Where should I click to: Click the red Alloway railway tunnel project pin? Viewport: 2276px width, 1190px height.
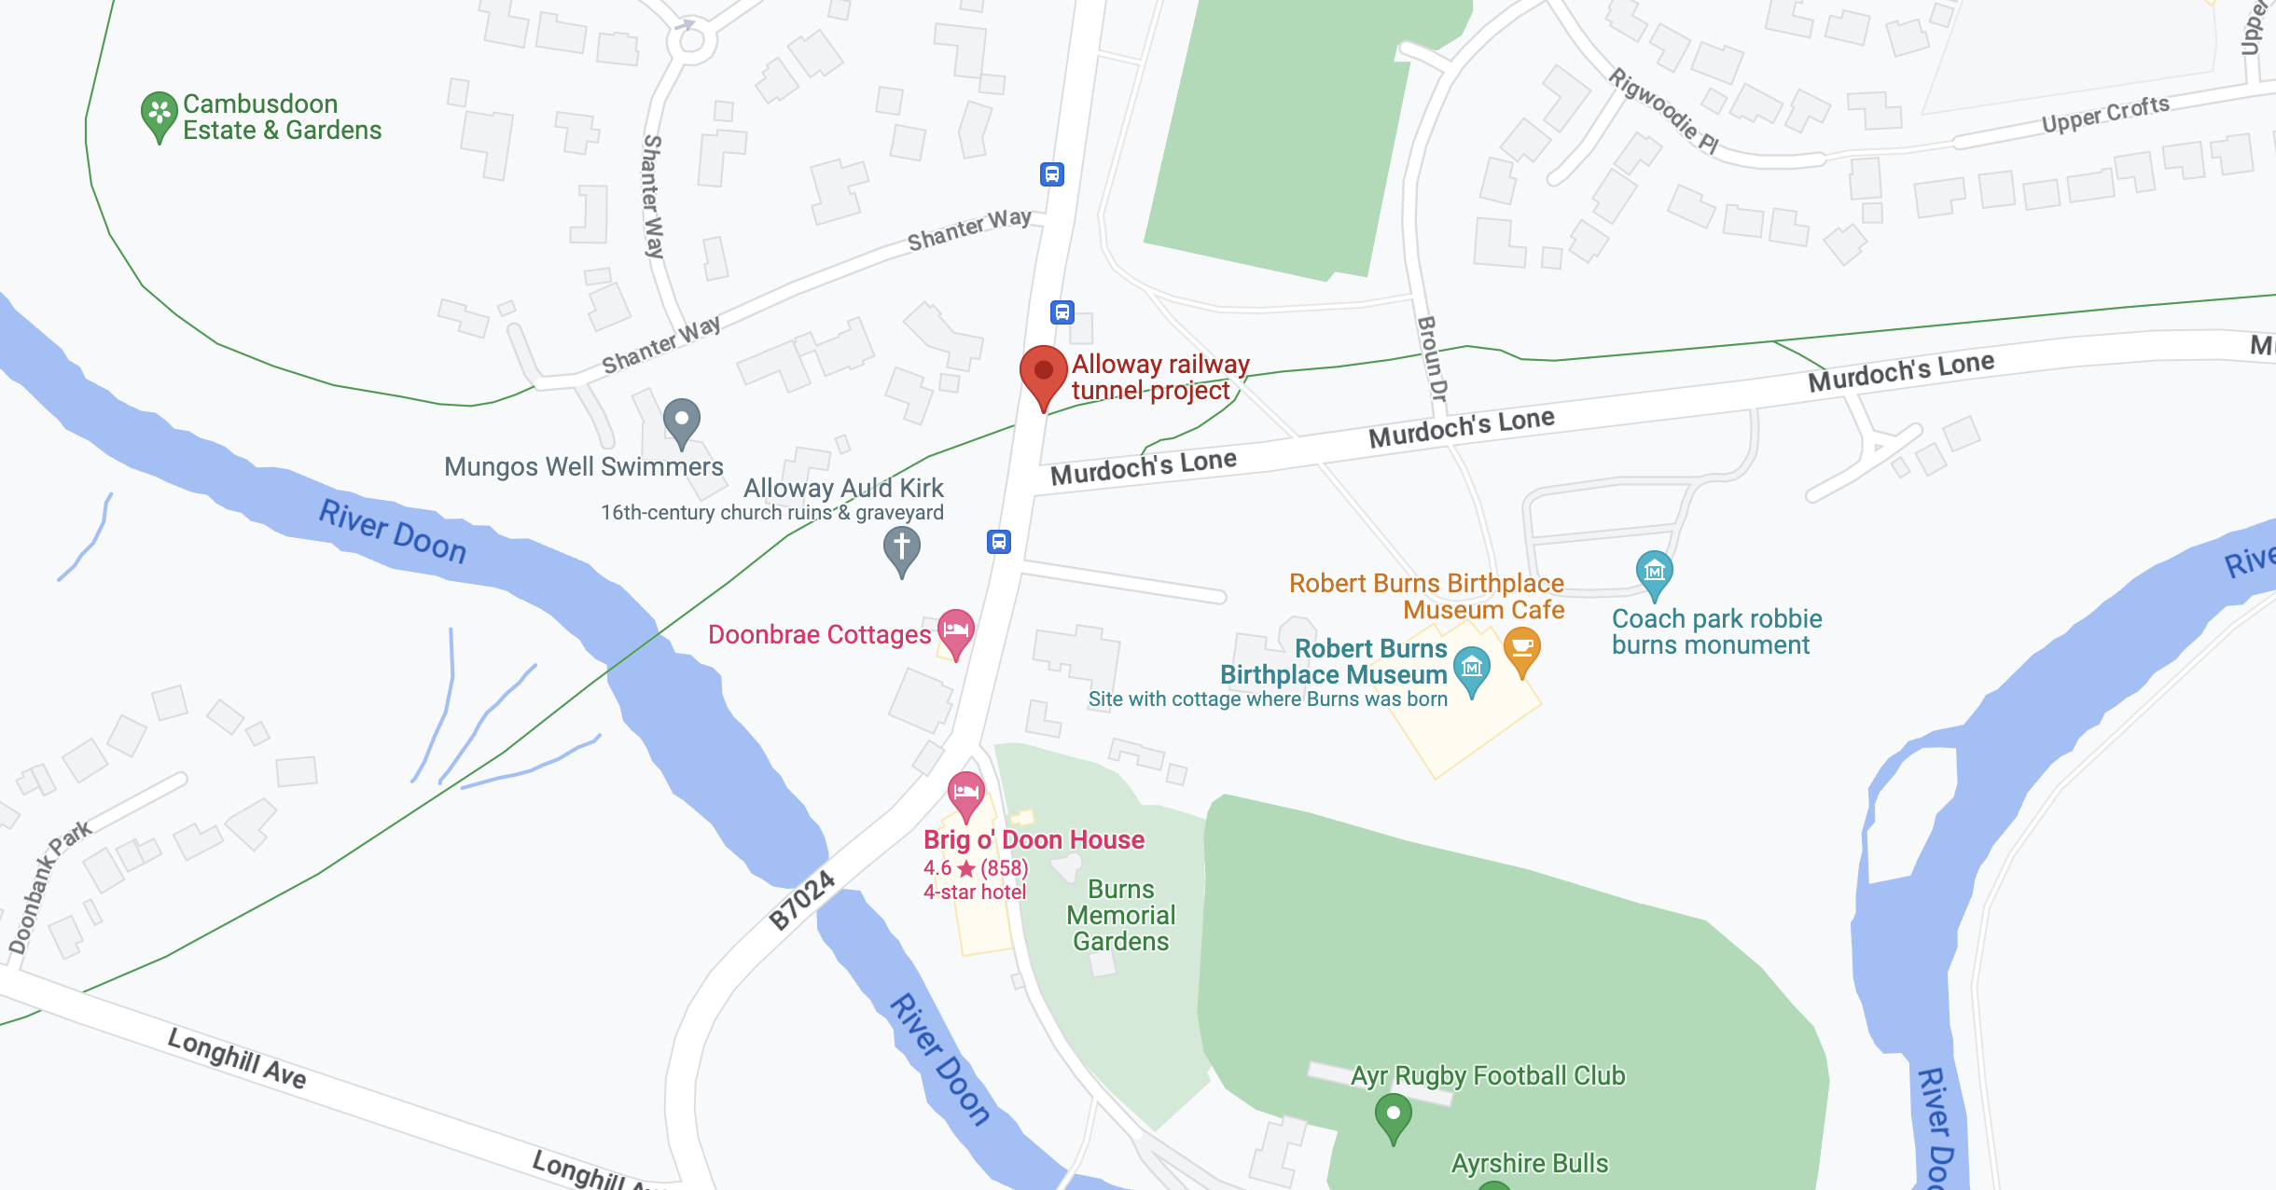1043,371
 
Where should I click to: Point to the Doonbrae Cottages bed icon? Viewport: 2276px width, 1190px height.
956,630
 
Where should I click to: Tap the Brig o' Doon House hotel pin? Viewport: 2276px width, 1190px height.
966,794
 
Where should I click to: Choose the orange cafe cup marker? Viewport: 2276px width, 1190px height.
1521,647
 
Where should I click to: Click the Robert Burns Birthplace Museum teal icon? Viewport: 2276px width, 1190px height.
1472,668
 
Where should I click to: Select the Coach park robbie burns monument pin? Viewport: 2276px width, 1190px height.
1654,571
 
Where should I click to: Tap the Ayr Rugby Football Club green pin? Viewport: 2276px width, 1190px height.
1393,1114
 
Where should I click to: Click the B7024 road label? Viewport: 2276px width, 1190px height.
801,900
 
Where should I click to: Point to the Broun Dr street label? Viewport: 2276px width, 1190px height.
1432,359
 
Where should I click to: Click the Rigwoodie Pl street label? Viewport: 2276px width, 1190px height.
1663,110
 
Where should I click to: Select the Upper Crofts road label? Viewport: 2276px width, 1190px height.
2105,115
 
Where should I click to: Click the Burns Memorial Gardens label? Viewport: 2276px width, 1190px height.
1121,915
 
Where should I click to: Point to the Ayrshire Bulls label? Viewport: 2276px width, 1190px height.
1530,1163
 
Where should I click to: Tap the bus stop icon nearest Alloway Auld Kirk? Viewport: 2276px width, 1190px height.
999,541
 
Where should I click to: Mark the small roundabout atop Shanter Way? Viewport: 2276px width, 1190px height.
691,40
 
